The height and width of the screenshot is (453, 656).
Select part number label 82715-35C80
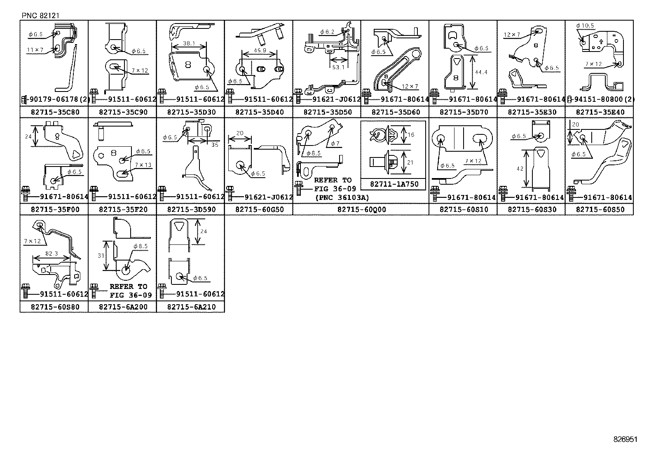pyautogui.click(x=54, y=112)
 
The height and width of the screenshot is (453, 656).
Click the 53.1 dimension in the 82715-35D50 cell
pyautogui.click(x=338, y=67)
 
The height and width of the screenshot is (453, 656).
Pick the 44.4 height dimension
pyautogui.click(x=480, y=72)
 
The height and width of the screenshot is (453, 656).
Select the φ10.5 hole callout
pyautogui.click(x=585, y=26)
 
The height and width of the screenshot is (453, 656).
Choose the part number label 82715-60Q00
pyautogui.click(x=361, y=209)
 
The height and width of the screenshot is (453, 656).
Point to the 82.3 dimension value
pyautogui.click(x=52, y=254)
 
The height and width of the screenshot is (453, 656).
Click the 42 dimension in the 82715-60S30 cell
pyautogui.click(x=520, y=168)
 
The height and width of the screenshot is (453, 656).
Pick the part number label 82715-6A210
pyautogui.click(x=190, y=307)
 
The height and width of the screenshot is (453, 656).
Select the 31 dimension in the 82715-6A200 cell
pyautogui.click(x=101, y=256)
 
